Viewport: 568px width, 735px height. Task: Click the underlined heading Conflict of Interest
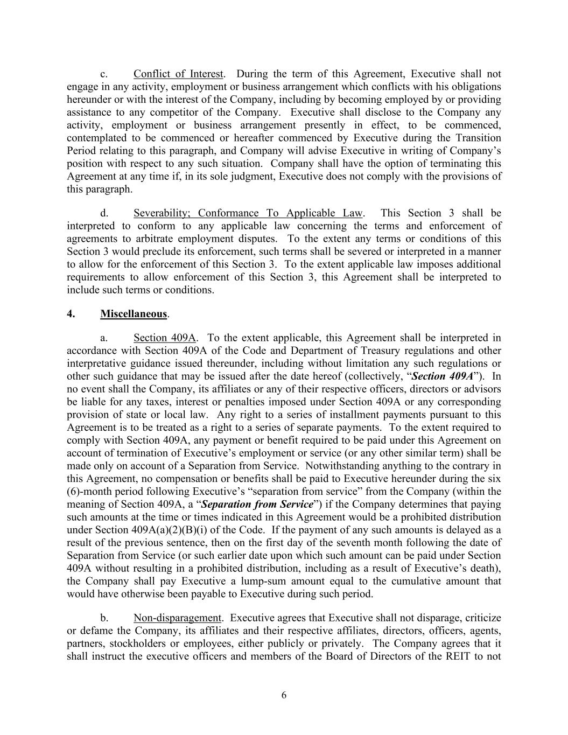click(178, 74)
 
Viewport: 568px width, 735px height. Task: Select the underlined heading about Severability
click(248, 213)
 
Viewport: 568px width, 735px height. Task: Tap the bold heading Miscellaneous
click(134, 314)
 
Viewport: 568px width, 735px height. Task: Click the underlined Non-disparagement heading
click(177, 618)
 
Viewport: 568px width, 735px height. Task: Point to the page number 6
click(284, 695)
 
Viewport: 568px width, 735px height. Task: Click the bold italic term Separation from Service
click(257, 505)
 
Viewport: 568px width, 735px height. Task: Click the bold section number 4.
click(71, 314)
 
